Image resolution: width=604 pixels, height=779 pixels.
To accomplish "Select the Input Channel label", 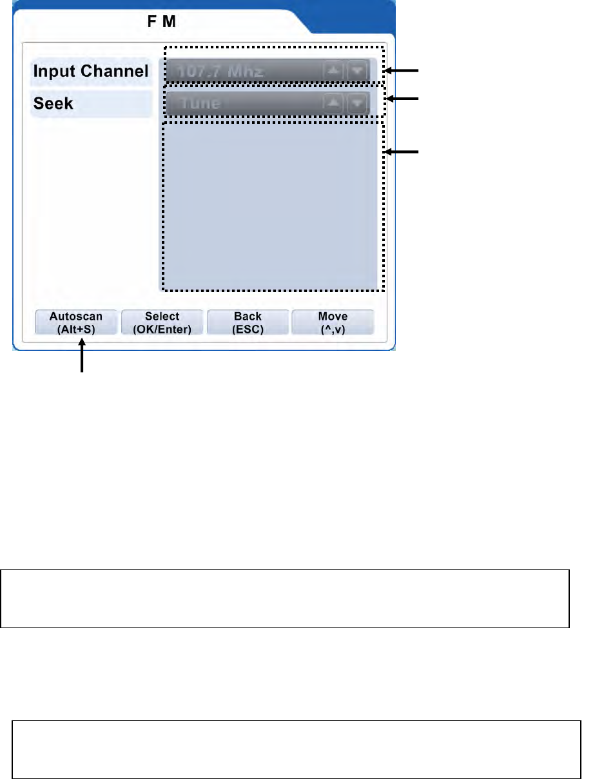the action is pos(91,71).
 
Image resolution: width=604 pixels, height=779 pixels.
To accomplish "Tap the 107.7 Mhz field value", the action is pos(222,71).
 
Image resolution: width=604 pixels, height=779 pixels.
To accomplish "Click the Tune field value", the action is pos(200,103).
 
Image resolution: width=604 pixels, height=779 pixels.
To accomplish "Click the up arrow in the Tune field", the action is pos(333,103).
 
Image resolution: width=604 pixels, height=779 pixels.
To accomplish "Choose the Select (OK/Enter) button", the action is pos(162,322).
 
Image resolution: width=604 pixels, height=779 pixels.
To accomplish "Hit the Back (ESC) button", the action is pos(248,322).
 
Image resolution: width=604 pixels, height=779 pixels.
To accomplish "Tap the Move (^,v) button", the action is pos(333,322).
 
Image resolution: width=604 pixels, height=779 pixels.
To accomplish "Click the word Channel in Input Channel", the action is pos(119,71).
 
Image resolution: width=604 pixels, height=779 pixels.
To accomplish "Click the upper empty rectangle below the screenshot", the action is pos(285,598).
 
